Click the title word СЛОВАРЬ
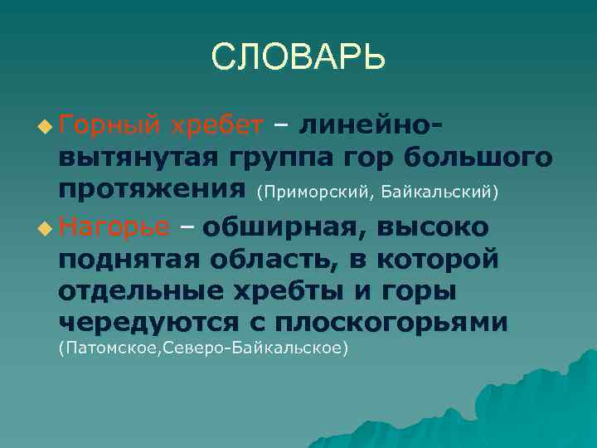tap(298, 57)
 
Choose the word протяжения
tap(153, 191)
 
